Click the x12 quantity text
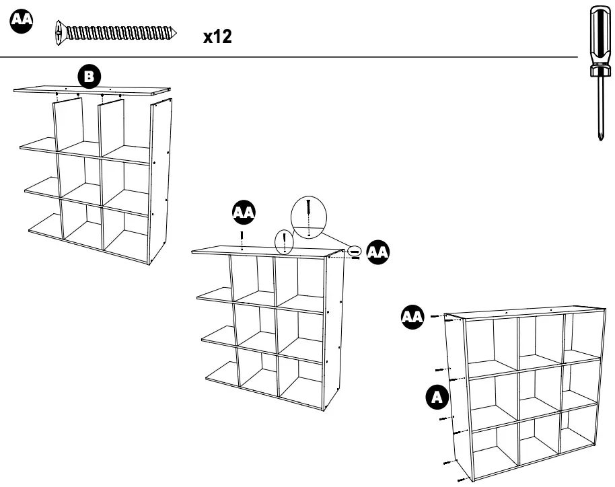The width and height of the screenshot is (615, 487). [217, 37]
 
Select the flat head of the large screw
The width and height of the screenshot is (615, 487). [61, 32]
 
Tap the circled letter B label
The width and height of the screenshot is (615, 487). [88, 76]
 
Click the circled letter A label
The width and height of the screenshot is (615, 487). [437, 398]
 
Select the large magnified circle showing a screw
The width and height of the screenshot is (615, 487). [307, 217]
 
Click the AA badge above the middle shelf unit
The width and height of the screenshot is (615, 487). [243, 213]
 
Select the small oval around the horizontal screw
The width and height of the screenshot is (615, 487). [355, 252]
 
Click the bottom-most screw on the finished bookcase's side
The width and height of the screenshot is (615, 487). [460, 479]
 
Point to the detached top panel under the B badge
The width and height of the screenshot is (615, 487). [91, 90]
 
